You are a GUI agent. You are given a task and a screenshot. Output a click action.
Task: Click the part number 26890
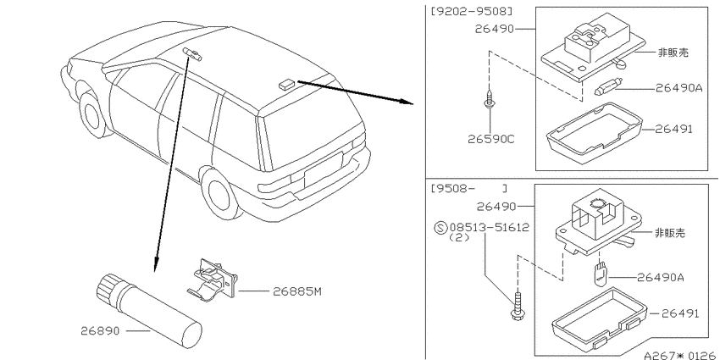(100, 330)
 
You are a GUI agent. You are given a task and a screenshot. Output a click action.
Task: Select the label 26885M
(297, 291)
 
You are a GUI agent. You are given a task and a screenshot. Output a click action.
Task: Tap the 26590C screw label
(490, 139)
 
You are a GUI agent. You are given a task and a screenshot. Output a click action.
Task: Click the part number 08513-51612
(490, 227)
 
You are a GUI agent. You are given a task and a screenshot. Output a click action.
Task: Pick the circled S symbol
(440, 227)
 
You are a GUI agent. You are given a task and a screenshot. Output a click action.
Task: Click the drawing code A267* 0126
(681, 355)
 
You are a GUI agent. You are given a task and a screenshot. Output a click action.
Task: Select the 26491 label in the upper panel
(673, 130)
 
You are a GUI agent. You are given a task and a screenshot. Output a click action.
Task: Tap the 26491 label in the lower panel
(680, 313)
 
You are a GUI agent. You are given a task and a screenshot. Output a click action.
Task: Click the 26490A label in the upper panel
(679, 88)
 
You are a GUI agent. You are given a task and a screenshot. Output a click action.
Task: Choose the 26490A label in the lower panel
(661, 277)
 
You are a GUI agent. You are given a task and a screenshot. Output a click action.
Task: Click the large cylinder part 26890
(149, 310)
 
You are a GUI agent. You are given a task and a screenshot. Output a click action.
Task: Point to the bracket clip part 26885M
(213, 280)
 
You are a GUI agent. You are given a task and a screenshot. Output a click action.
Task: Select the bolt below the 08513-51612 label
(518, 305)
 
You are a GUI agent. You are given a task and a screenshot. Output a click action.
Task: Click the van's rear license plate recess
(324, 170)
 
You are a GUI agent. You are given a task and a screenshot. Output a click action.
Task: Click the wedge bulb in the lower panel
(599, 274)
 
